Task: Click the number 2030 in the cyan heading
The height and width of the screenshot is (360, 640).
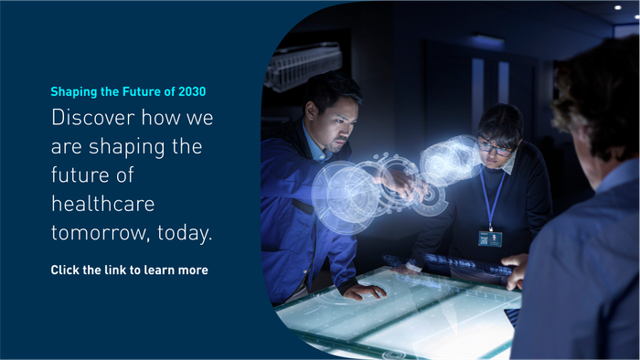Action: pos(192,91)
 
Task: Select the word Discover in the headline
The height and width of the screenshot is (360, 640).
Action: pos(93,118)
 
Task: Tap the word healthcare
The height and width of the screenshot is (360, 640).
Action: pos(102,204)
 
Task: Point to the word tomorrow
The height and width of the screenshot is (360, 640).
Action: pos(101,233)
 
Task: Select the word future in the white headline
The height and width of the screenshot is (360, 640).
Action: pos(80,175)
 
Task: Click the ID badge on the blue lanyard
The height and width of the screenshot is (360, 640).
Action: pos(490,238)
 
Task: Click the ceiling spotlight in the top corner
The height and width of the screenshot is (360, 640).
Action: pos(617,7)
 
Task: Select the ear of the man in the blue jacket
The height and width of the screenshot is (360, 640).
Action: pos(311,110)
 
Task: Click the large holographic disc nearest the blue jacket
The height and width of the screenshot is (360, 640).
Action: pos(346,197)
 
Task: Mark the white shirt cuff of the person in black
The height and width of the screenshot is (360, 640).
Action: pos(413,267)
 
